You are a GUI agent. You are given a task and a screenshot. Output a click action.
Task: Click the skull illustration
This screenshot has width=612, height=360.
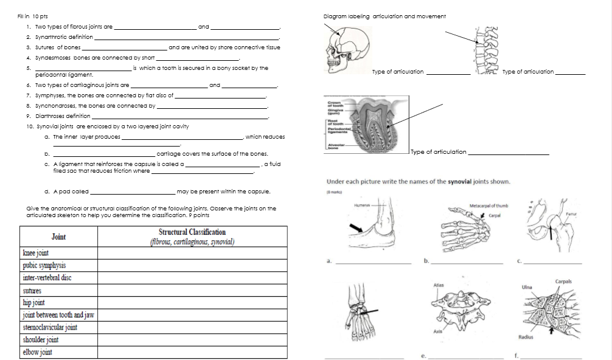[344, 49]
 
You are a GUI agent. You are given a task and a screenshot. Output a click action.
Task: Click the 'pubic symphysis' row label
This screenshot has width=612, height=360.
[44, 265]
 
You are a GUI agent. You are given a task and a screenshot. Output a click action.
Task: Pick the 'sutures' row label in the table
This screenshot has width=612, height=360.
[32, 291]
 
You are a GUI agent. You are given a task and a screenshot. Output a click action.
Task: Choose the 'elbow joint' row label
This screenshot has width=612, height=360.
[37, 352]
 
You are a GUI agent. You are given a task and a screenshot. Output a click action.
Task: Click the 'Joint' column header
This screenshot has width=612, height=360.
[58, 237]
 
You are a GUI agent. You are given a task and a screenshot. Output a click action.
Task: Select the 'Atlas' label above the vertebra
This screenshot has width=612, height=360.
[437, 285]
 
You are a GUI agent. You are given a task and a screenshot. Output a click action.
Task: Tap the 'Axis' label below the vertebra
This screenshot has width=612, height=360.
[437, 331]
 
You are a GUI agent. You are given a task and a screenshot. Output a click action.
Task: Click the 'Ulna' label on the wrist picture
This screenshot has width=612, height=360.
[527, 287]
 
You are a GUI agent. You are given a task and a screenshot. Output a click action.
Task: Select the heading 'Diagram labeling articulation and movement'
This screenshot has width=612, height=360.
[385, 16]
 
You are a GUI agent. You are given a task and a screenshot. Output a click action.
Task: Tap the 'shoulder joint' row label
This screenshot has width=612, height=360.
[41, 340]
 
